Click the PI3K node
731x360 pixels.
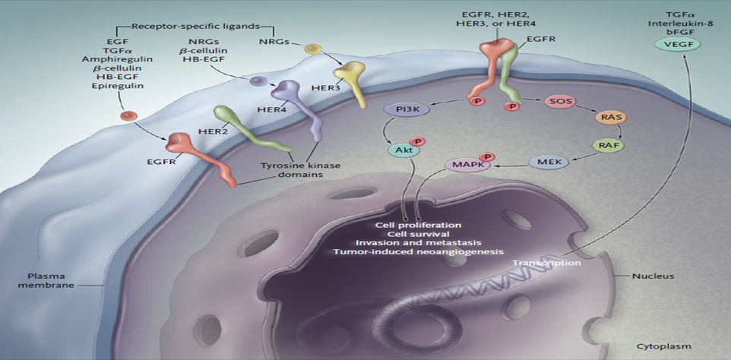(409, 110)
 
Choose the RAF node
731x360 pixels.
(606, 145)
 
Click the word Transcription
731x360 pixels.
(546, 262)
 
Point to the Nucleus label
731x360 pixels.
(653, 276)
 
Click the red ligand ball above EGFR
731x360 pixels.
(128, 116)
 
